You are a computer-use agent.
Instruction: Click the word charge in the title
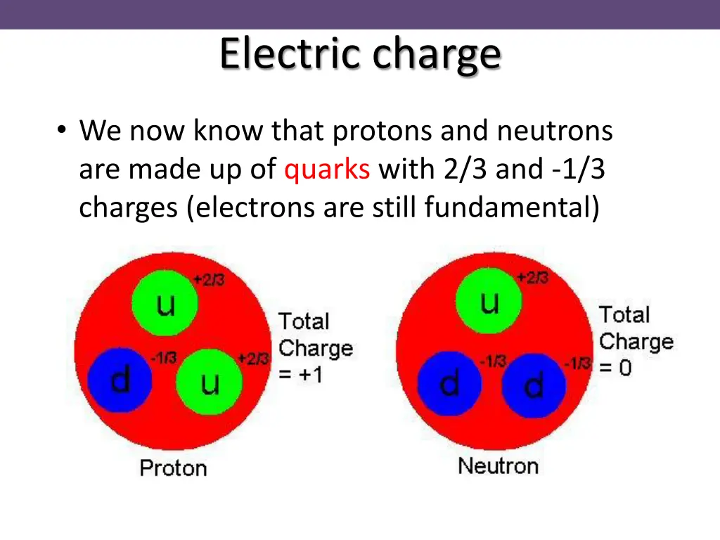(x=437, y=54)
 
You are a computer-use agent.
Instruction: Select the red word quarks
(x=327, y=169)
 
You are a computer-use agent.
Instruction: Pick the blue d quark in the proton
(x=120, y=380)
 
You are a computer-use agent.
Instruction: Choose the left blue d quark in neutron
(x=449, y=384)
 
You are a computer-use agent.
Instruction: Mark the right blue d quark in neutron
(x=534, y=385)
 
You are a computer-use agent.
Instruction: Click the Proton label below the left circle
(x=173, y=468)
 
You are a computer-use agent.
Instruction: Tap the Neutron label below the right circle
(x=498, y=465)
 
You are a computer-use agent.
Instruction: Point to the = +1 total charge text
(x=301, y=374)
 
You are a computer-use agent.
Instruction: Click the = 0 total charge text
(x=615, y=367)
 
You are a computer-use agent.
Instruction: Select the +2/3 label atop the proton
(x=209, y=280)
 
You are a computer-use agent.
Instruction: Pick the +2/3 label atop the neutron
(x=532, y=278)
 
